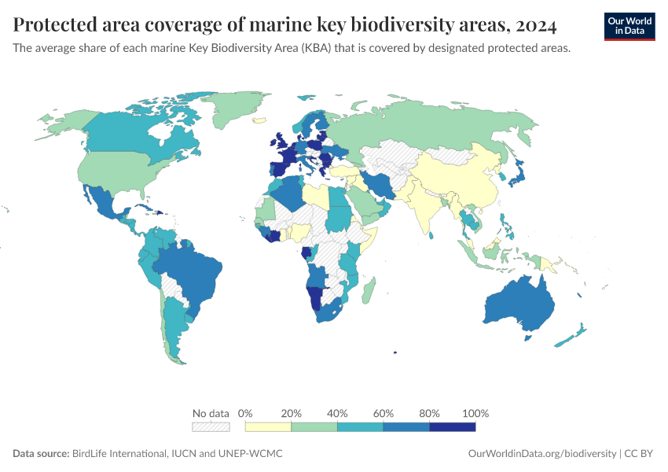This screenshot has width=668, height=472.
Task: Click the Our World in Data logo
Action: pos(629,25)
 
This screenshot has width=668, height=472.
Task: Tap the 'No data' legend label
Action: pos(211,413)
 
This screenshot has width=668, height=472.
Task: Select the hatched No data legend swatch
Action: pos(211,426)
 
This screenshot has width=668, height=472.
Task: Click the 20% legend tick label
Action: pos(292,413)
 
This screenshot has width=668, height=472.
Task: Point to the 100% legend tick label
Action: pos(476,413)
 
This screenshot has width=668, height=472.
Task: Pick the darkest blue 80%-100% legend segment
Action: pos(453,426)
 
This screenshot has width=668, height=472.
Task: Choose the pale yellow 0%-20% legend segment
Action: pos(268,426)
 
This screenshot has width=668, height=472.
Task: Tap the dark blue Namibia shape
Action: pos(315,299)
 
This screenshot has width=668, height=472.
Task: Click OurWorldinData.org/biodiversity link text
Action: pos(541,454)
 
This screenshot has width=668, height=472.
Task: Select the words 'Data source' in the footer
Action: pos(40,454)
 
